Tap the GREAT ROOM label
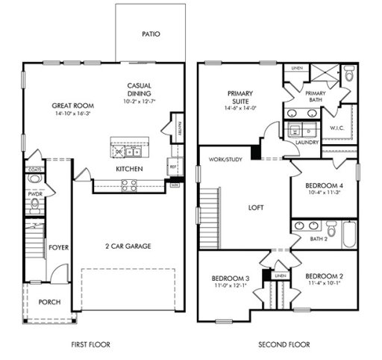click(x=72, y=105)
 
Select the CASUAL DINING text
click(x=140, y=90)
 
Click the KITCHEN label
click(x=129, y=170)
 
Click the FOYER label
click(x=59, y=247)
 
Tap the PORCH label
click(x=50, y=302)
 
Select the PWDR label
click(x=35, y=192)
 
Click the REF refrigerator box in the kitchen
click(x=173, y=167)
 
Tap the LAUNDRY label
click(x=307, y=141)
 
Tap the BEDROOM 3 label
click(x=231, y=277)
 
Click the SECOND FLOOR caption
click(x=284, y=345)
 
